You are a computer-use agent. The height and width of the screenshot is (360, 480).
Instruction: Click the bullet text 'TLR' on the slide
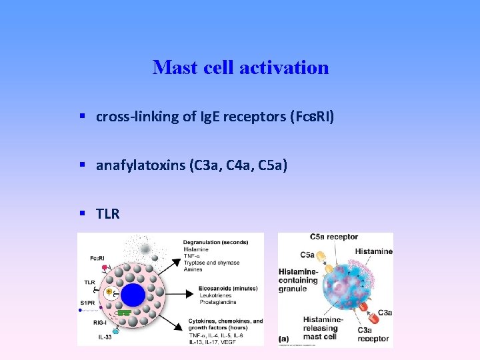[107, 213]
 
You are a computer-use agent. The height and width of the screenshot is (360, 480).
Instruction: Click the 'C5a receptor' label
[334, 237]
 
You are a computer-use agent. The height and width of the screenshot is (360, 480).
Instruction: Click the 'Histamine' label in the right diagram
[373, 251]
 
